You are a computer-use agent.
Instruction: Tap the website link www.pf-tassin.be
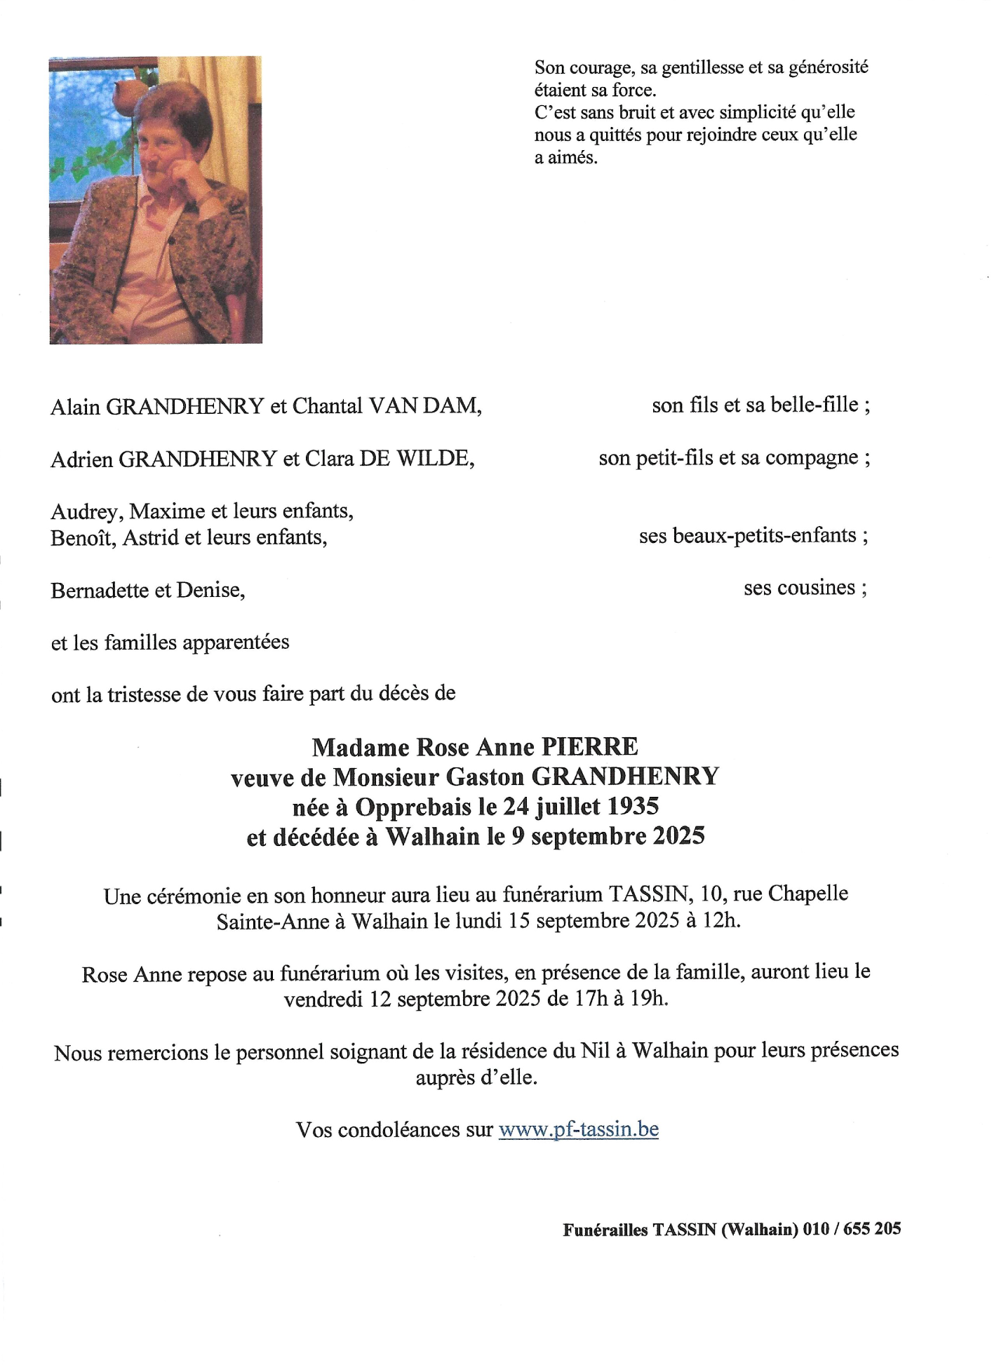[x=578, y=1129]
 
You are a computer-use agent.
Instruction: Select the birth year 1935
[x=632, y=807]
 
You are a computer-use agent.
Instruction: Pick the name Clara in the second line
[x=329, y=459]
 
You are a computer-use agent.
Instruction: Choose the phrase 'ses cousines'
[x=800, y=588]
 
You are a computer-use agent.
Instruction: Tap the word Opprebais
[x=413, y=807]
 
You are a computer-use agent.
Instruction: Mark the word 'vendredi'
[x=323, y=998]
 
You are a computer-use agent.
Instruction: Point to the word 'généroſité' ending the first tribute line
[x=829, y=67]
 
